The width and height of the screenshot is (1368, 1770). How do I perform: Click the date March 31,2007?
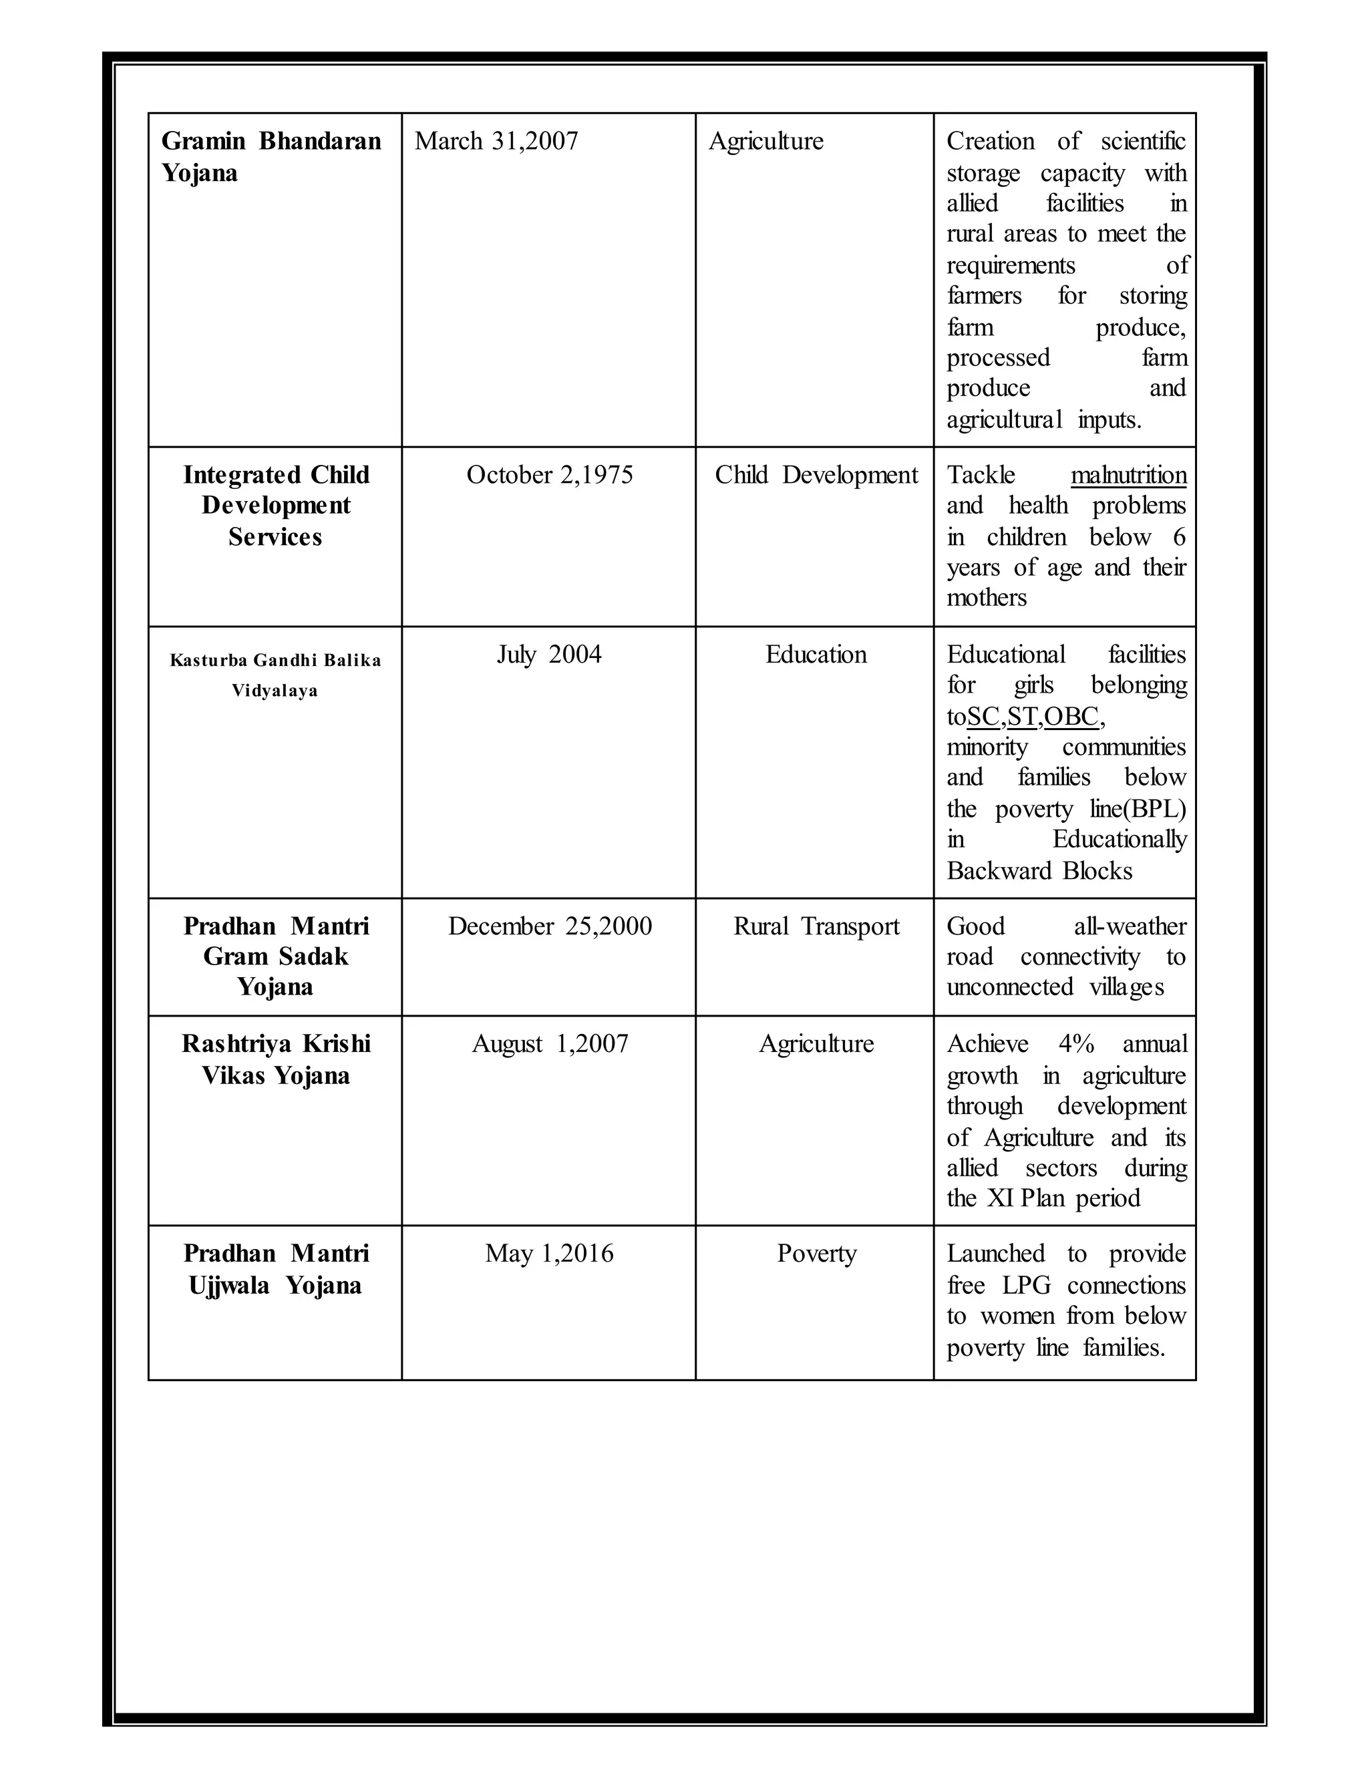click(496, 141)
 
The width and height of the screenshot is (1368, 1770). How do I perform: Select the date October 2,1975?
click(550, 475)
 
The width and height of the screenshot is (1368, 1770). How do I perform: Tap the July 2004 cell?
click(550, 655)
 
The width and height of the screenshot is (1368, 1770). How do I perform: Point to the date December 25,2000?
click(550, 926)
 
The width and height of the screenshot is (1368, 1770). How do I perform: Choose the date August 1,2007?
click(550, 1044)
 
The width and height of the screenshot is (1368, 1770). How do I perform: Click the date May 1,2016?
click(550, 1254)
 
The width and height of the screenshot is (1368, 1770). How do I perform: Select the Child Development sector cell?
click(816, 475)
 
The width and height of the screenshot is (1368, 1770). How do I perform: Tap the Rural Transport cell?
click(816, 926)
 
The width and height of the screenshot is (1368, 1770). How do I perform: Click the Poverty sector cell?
click(816, 1254)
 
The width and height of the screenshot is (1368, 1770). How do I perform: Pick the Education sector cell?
click(816, 655)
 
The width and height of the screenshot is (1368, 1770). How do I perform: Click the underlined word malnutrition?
click(1128, 475)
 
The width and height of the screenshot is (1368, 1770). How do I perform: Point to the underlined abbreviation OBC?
click(1071, 717)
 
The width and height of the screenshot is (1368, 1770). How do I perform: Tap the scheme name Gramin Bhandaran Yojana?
click(271, 156)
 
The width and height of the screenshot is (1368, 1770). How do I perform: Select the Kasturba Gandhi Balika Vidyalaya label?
click(275, 675)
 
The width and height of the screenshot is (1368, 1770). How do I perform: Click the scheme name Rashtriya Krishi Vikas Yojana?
click(276, 1059)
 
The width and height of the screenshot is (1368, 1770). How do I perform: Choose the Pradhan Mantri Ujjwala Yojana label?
click(276, 1269)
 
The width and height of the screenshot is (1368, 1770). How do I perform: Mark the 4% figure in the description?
click(1075, 1044)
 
